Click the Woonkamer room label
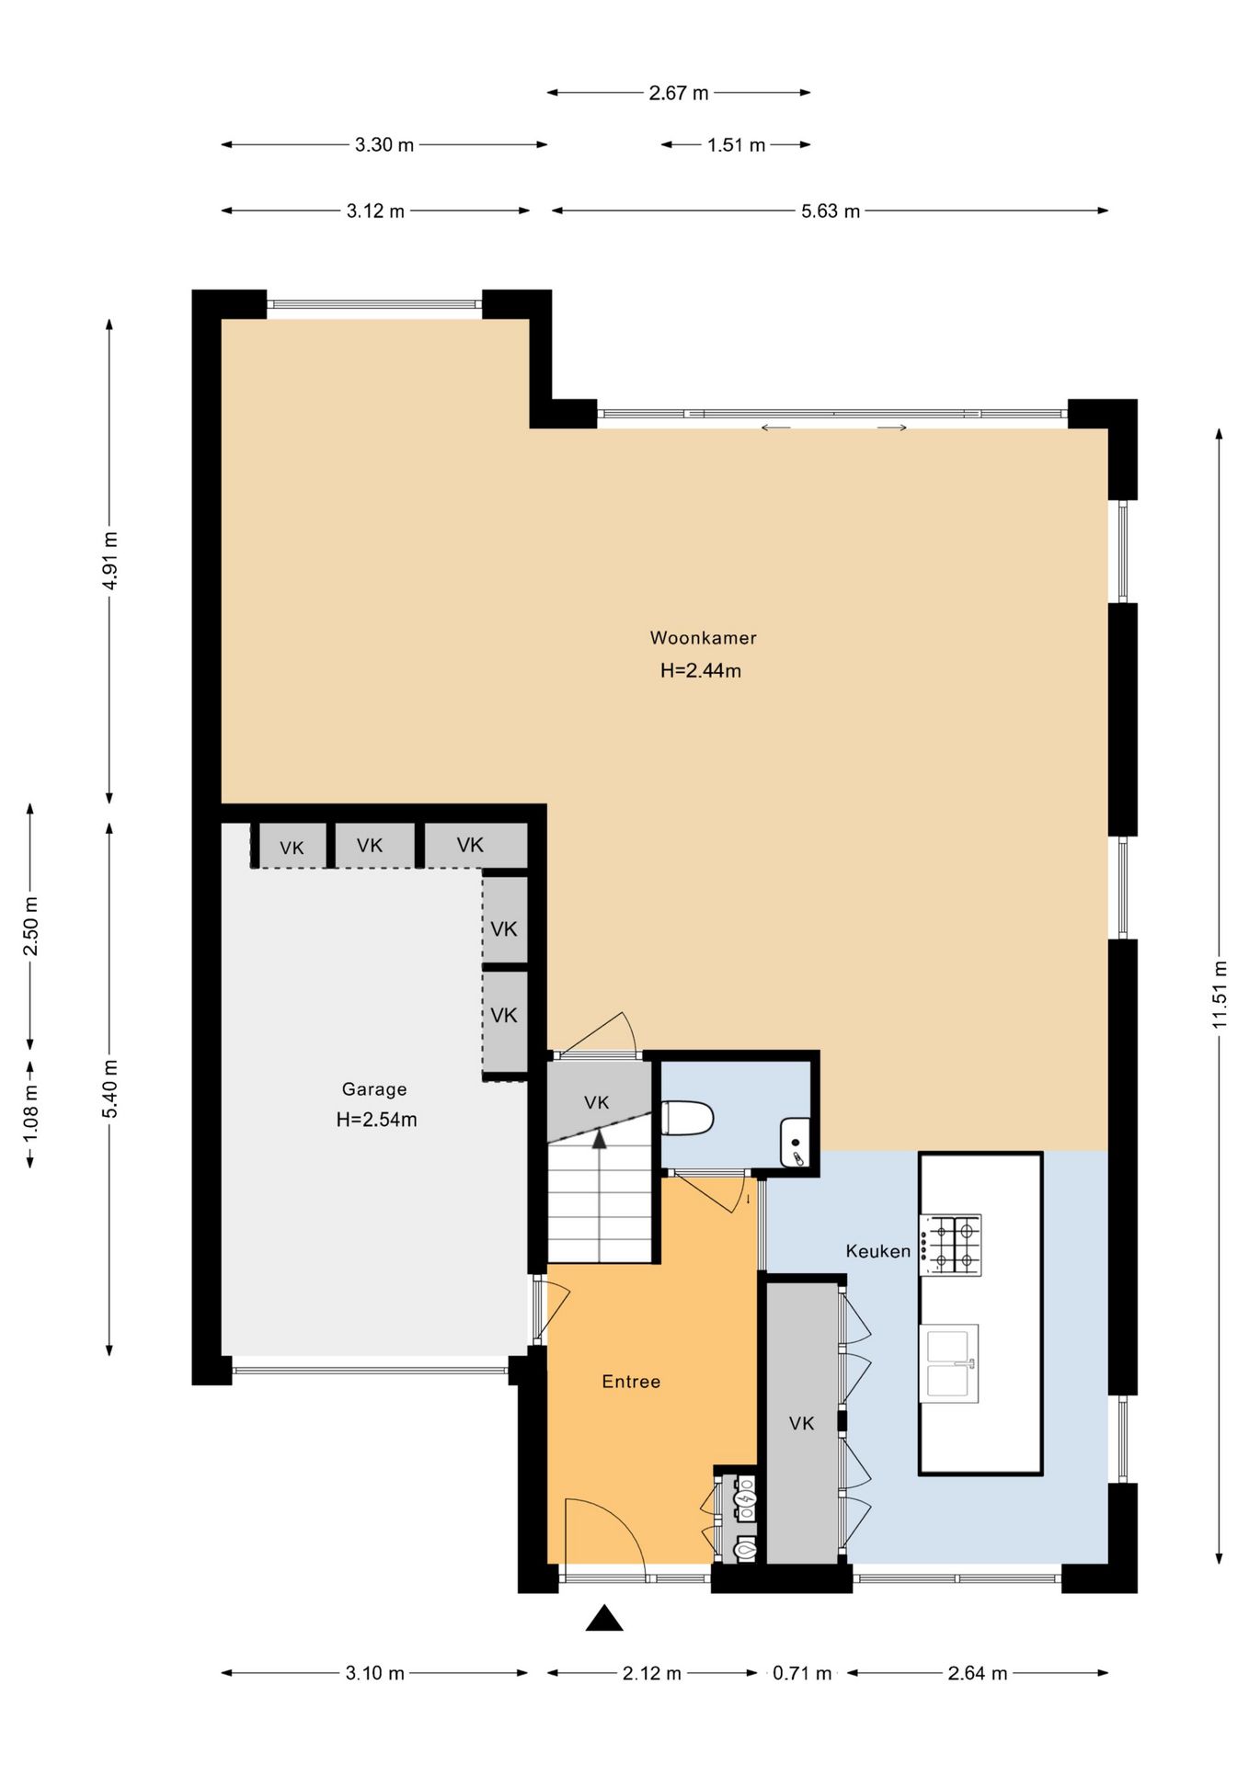click(x=703, y=637)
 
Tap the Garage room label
click(x=374, y=1089)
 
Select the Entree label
click(x=631, y=1381)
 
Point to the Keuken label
click(x=878, y=1250)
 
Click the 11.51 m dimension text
click(x=1220, y=994)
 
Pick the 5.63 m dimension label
click(x=831, y=211)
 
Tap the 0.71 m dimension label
click(x=802, y=1673)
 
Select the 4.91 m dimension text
click(x=109, y=561)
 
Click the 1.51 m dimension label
click(x=736, y=144)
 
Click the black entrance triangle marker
click(x=604, y=1619)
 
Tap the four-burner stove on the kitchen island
click(x=951, y=1244)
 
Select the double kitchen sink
click(x=948, y=1363)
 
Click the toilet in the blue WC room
click(x=688, y=1118)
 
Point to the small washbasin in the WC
click(x=795, y=1143)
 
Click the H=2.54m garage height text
click(x=376, y=1120)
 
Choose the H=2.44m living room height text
click(x=701, y=671)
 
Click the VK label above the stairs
click(x=596, y=1102)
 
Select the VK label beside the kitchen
click(x=801, y=1423)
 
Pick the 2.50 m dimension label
click(x=30, y=925)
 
